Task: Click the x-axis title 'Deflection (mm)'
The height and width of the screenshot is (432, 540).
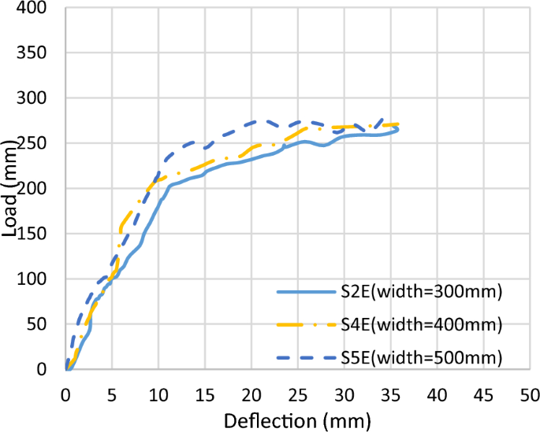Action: (296, 419)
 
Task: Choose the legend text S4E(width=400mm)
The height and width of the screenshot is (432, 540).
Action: (421, 324)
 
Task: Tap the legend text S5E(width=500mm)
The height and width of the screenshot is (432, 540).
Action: (421, 358)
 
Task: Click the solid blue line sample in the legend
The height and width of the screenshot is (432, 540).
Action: (305, 292)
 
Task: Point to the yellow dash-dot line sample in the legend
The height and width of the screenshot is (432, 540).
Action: (305, 325)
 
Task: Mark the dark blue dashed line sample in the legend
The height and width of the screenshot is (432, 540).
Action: (305, 358)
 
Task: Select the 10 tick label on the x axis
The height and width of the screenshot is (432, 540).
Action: (158, 391)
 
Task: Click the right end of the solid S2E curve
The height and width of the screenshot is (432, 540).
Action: (398, 129)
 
